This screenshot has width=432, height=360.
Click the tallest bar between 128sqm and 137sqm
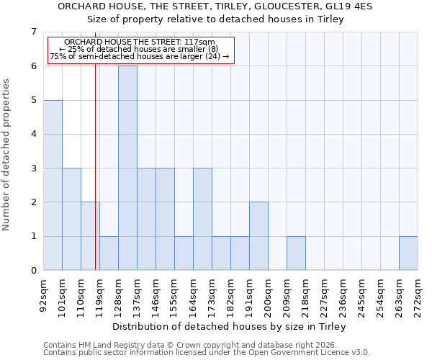tap(127, 168)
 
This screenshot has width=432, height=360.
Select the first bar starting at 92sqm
tap(53, 185)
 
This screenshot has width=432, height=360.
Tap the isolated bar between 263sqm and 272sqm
tap(408, 253)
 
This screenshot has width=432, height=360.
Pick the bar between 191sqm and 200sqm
tap(258, 236)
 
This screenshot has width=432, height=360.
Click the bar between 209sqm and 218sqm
tap(296, 253)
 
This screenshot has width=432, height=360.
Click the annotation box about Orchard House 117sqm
tap(140, 50)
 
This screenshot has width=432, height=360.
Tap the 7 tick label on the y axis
tap(33, 32)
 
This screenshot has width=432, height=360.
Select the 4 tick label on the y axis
tap(33, 134)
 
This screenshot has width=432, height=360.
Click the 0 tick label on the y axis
tap(33, 271)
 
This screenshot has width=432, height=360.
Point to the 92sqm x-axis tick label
tap(44, 294)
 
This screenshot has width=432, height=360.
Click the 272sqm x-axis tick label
tap(418, 294)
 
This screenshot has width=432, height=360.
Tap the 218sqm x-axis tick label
tap(306, 294)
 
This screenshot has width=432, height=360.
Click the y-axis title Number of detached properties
tap(7, 154)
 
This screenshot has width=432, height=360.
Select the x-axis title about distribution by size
tap(230, 327)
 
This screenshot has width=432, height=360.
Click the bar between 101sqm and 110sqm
tap(71, 219)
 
